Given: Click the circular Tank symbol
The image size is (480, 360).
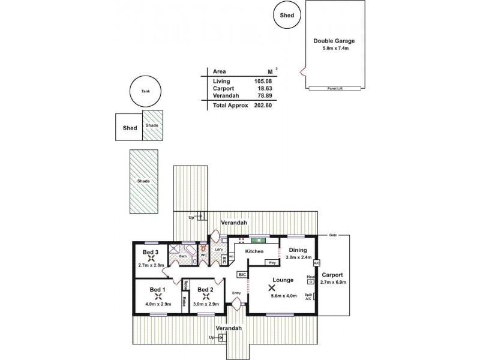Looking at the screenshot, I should [x=145, y=92].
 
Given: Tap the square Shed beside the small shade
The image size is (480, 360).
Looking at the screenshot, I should [x=130, y=127].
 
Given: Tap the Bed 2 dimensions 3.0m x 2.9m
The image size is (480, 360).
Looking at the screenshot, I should [x=205, y=305].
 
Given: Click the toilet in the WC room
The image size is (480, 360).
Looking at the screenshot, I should [x=203, y=248].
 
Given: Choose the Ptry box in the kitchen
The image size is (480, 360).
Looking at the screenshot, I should [x=272, y=262].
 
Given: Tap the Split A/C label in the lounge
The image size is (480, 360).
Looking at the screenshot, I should [x=308, y=296].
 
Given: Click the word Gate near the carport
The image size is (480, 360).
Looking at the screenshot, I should [x=332, y=236].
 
